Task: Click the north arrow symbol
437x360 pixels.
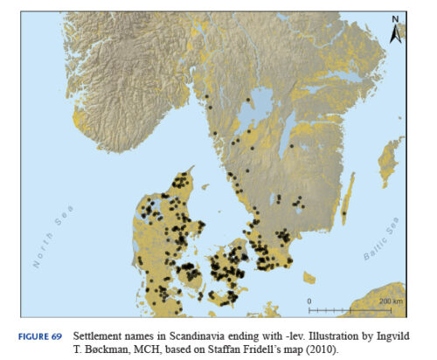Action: coord(395,30)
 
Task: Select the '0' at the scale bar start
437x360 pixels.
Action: coord(309,301)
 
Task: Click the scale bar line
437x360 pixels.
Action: coord(347,309)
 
